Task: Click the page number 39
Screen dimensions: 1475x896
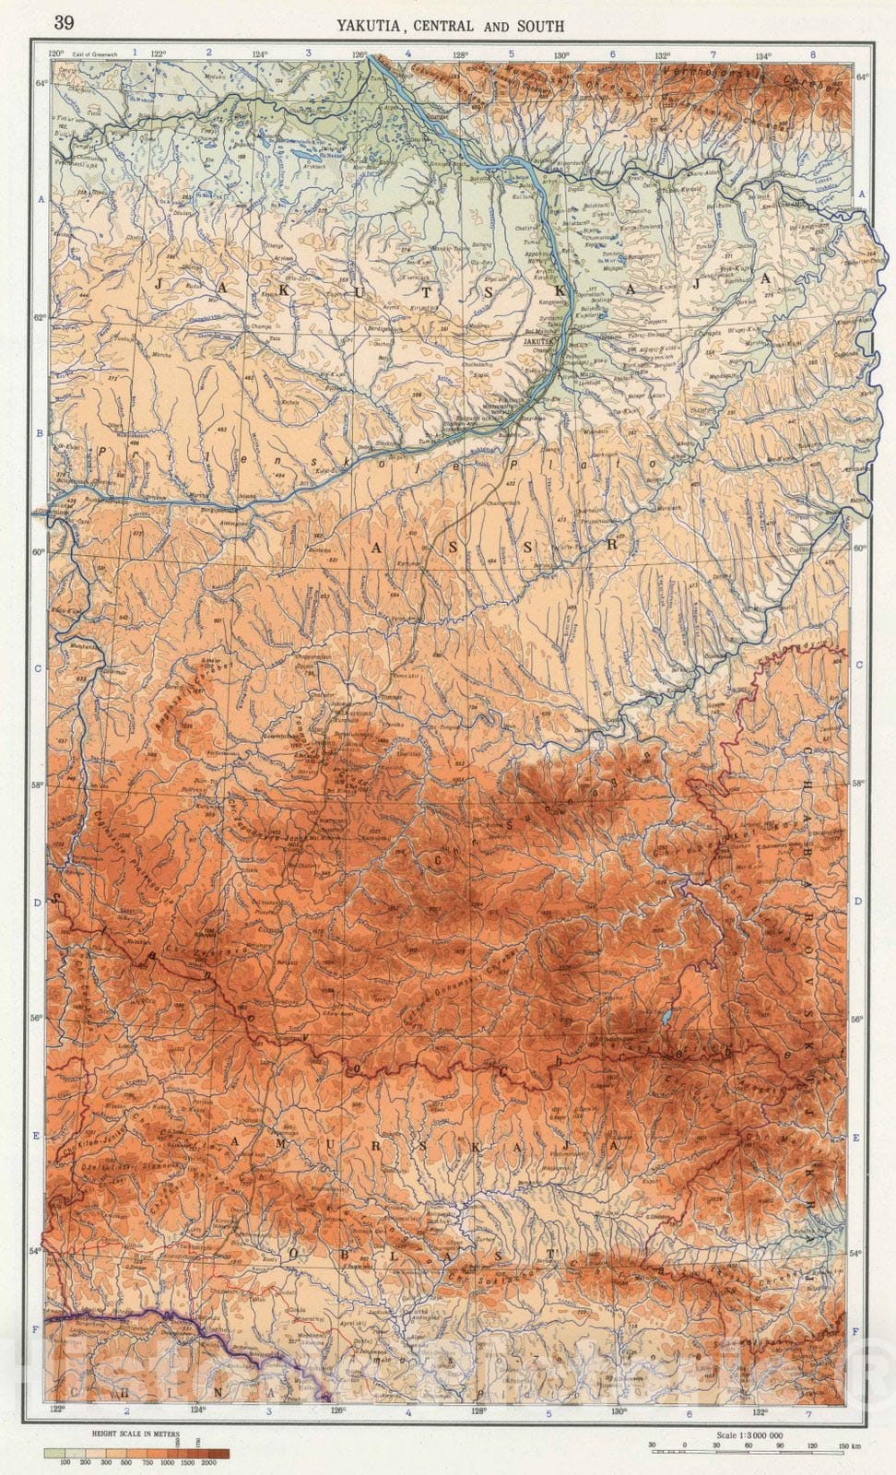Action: click(64, 22)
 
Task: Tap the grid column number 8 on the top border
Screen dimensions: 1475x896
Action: click(812, 54)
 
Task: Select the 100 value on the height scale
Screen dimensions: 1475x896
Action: click(65, 1463)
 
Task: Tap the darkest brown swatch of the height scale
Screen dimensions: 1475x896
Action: click(218, 1453)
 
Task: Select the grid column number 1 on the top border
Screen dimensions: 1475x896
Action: click(135, 54)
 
